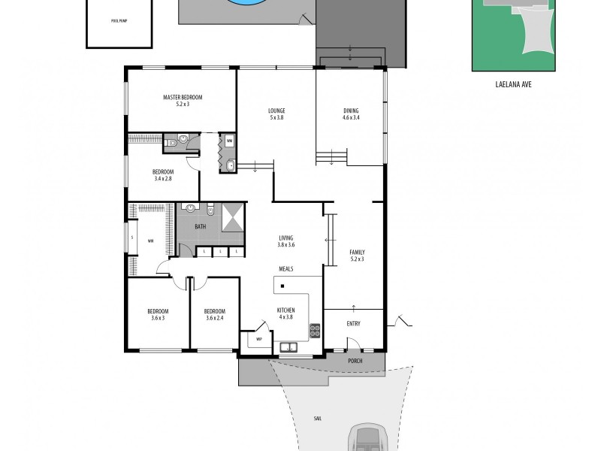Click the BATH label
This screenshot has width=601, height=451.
201,226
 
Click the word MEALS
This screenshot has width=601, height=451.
285,268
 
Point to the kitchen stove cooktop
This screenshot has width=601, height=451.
315,330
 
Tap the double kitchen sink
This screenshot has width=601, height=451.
288,347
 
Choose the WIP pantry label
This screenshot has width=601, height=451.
259,339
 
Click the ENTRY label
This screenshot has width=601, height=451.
353,324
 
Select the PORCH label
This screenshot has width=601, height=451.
355,361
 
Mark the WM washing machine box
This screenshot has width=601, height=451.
229,141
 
